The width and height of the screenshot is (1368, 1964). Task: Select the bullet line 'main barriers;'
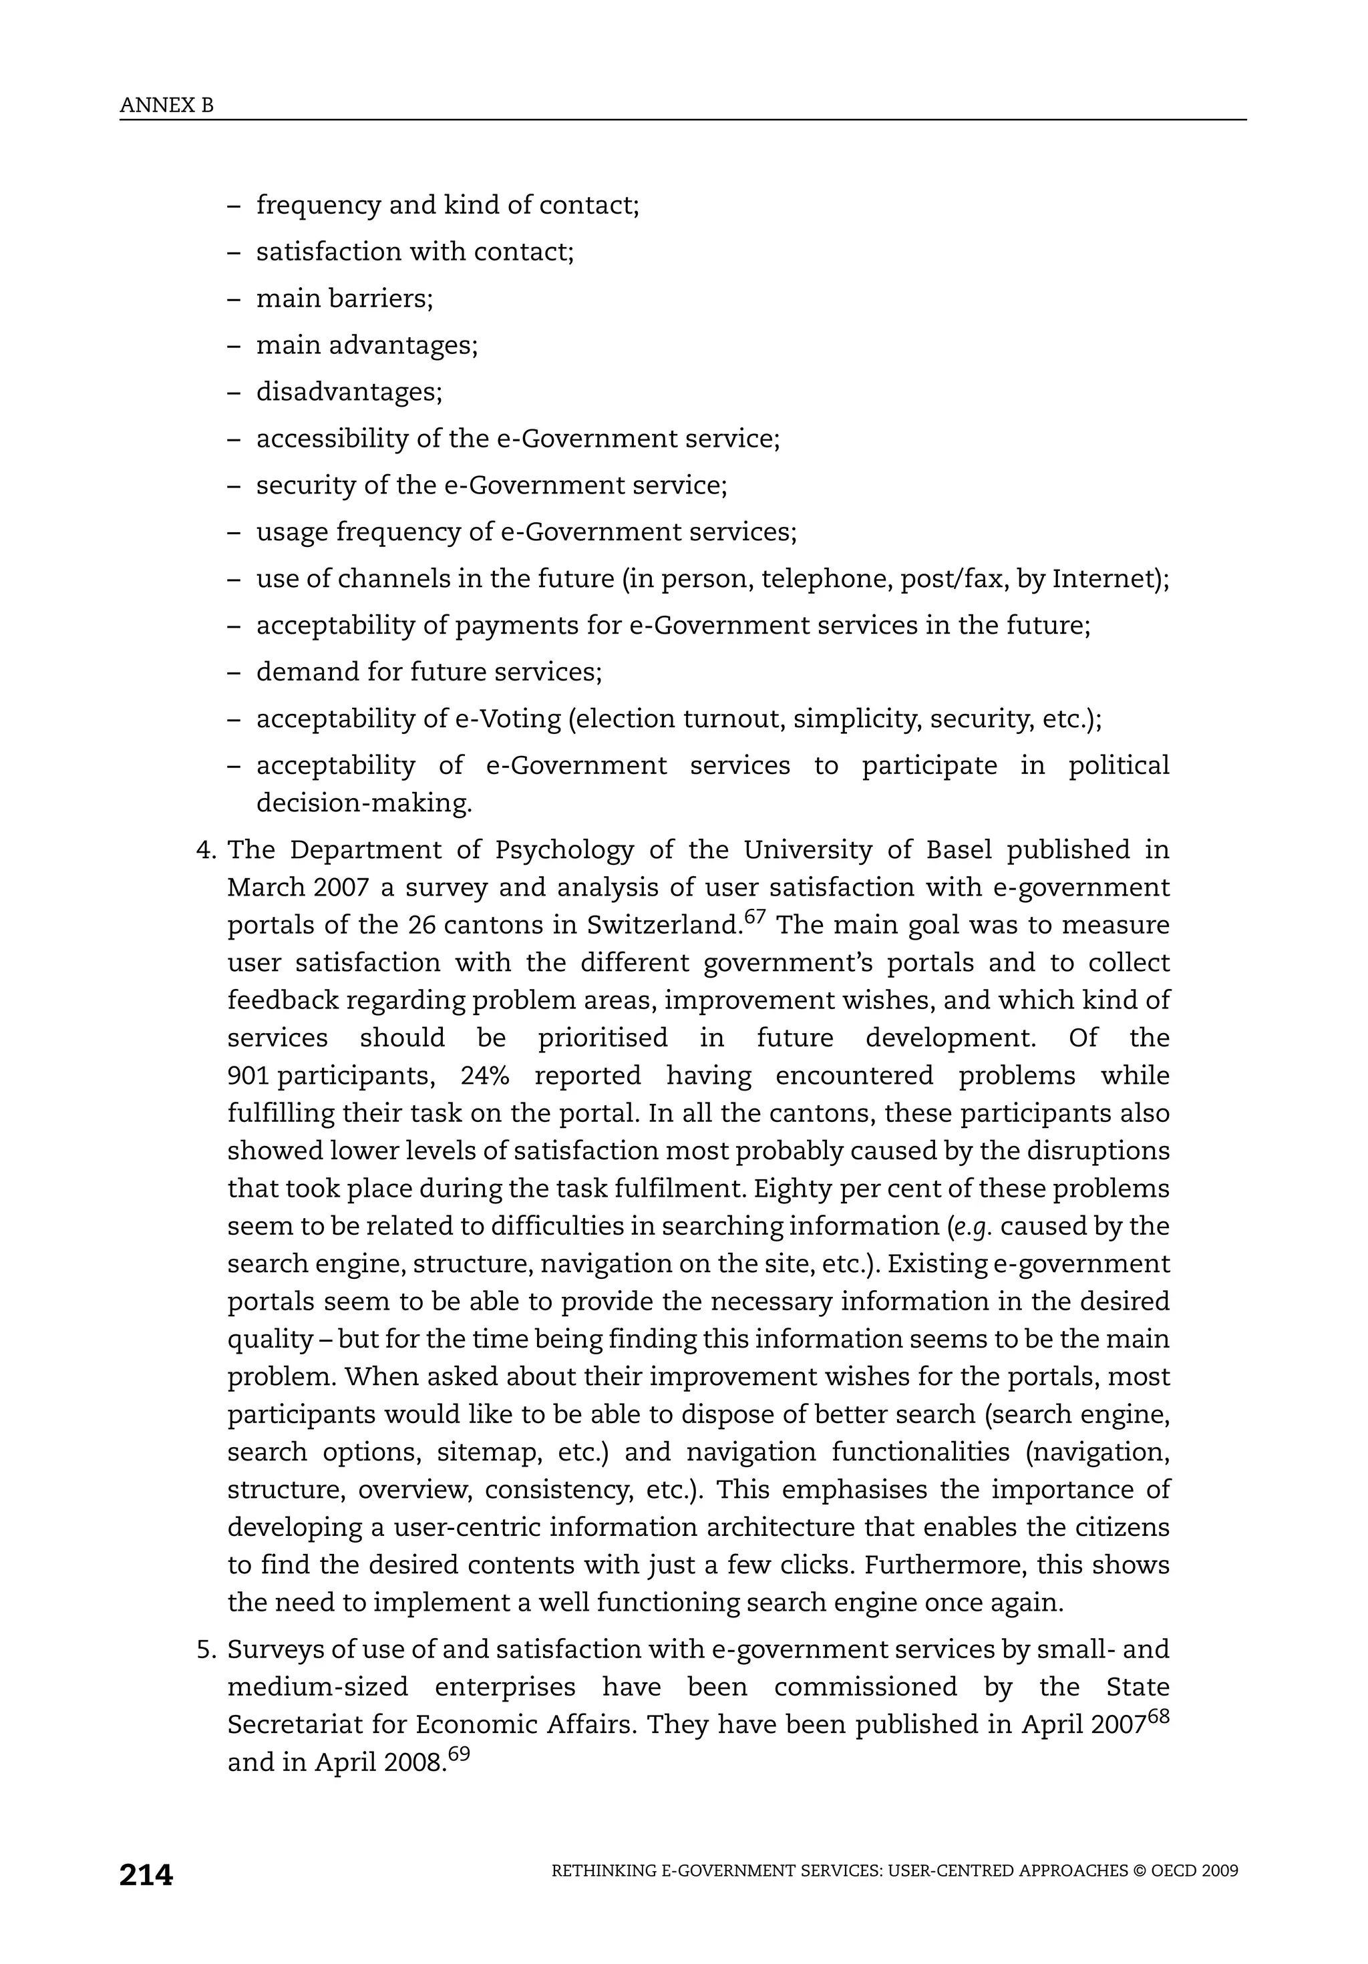point(345,299)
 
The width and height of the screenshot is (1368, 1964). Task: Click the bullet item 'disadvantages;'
point(349,392)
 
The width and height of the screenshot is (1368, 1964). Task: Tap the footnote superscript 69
point(459,1753)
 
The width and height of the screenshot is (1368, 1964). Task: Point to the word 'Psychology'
point(564,850)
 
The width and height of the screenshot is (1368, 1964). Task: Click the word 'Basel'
point(959,850)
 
